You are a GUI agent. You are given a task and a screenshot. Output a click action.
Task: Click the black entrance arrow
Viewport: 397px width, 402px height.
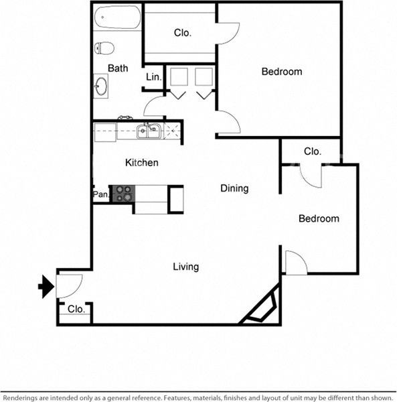[46, 287]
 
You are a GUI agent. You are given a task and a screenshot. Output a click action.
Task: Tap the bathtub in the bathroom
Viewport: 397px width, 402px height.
[117, 18]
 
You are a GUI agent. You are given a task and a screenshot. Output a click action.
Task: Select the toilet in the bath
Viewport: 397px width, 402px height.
[104, 48]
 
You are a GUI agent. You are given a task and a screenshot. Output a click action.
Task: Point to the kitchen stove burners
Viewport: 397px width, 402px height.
[123, 194]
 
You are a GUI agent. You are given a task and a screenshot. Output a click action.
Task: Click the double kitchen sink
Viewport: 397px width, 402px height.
[149, 131]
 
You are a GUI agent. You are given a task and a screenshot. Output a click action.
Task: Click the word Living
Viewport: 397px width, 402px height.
[185, 267]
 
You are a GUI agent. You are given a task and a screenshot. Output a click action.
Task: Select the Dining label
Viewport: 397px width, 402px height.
[234, 188]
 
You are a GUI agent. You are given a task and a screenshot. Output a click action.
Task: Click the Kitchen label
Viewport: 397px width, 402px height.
[142, 163]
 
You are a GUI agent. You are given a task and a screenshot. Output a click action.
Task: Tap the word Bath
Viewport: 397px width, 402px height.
[118, 68]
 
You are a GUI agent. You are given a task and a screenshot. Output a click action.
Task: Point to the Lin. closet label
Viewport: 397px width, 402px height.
[153, 78]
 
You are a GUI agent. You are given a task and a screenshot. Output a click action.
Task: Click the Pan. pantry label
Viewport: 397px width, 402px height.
[100, 194]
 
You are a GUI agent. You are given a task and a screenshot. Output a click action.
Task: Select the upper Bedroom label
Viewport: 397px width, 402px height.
[281, 72]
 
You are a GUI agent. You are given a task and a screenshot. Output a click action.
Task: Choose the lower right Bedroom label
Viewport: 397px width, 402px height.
[318, 218]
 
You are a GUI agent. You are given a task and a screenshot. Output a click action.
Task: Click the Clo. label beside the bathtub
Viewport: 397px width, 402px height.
[183, 33]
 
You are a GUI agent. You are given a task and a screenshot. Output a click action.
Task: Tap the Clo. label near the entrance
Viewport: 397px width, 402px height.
[76, 310]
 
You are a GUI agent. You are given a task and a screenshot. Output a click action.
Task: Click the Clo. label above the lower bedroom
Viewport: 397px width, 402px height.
[313, 151]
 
